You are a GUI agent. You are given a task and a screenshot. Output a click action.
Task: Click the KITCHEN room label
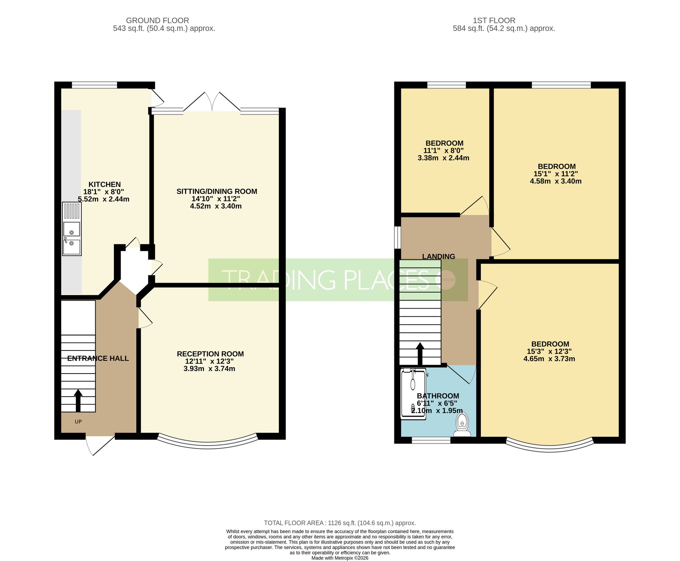tap(104, 184)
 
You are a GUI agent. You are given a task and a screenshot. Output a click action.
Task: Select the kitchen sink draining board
tap(72, 211)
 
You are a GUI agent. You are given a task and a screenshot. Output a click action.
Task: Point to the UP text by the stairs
tap(78, 422)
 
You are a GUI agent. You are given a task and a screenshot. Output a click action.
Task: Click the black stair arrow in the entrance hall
tap(78, 401)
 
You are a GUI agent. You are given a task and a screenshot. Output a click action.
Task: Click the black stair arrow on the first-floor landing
tap(420, 354)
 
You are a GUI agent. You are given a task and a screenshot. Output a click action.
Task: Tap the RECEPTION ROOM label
tap(210, 354)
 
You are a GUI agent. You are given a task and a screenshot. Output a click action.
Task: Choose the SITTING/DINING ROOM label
tap(217, 191)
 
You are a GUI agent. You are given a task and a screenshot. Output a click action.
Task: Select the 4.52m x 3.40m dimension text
tap(216, 206)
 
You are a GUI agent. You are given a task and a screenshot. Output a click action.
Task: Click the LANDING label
tap(439, 257)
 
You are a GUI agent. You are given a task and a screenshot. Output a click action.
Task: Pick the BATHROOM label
tap(438, 396)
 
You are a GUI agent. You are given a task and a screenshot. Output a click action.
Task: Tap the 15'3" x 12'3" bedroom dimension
tap(549, 351)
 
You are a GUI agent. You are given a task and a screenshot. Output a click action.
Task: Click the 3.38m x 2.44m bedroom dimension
tap(443, 158)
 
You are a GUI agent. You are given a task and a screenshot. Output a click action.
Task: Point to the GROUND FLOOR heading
tap(157, 20)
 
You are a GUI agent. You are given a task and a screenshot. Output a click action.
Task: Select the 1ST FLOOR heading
tap(494, 20)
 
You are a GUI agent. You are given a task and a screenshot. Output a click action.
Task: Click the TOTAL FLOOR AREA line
tap(340, 523)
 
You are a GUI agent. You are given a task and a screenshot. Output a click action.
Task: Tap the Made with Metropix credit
tap(340, 558)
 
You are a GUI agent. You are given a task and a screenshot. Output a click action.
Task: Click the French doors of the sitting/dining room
tap(212, 101)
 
